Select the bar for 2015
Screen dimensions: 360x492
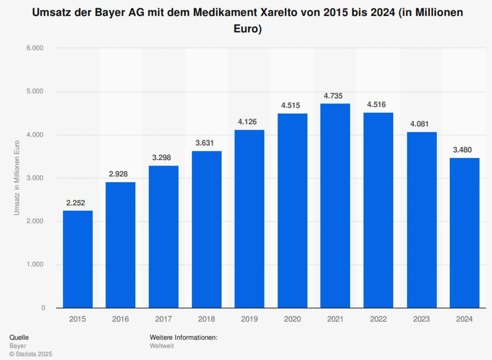(x=78, y=259)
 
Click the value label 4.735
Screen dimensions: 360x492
(x=335, y=96)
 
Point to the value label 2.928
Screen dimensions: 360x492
(x=121, y=174)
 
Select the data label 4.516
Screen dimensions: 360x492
(x=378, y=104)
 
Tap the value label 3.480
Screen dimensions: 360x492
(x=464, y=150)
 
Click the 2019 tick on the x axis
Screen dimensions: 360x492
(x=249, y=319)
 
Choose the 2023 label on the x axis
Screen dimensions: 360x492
(x=421, y=319)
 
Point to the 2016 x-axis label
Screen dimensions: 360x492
(x=121, y=319)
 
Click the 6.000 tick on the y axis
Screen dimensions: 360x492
(x=35, y=48)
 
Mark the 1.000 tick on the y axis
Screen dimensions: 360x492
(x=35, y=264)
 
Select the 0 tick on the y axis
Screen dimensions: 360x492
(x=43, y=308)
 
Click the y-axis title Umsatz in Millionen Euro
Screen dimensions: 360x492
(x=17, y=178)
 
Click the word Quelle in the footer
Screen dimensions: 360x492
(x=19, y=337)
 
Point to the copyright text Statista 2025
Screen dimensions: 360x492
(x=31, y=354)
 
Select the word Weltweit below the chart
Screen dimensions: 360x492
(x=162, y=346)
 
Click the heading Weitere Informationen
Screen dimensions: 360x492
(x=184, y=337)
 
